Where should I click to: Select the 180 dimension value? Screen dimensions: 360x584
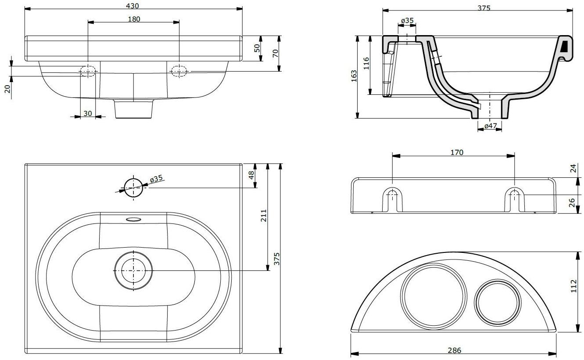pos(134,19)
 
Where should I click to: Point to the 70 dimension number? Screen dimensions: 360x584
pos(275,53)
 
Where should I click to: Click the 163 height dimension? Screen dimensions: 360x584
pos(354,76)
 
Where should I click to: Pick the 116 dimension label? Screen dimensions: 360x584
pos(366,64)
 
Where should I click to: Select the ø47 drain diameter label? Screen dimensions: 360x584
pos(490,126)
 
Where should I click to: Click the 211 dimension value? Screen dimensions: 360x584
pos(264,216)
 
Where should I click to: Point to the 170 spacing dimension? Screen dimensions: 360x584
pos(456,152)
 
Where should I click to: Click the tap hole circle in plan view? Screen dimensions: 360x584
pos(133,188)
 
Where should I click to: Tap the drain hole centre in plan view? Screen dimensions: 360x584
pos(133,270)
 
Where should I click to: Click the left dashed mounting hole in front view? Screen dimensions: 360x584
pos(88,71)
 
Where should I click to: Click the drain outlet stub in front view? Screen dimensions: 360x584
pos(134,109)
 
